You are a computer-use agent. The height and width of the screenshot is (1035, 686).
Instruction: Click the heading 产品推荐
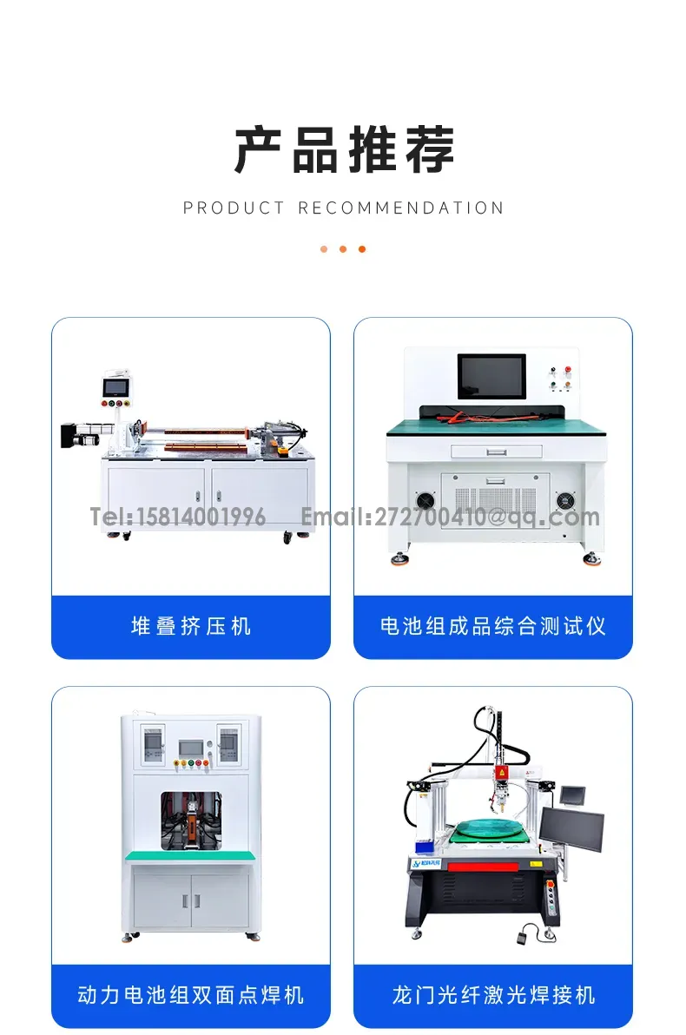[344, 150]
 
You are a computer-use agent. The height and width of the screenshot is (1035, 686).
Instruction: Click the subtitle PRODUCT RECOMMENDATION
[343, 208]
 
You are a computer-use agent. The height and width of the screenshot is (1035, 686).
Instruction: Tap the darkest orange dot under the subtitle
[362, 249]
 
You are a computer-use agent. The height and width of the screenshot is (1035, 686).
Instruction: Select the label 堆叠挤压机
[191, 626]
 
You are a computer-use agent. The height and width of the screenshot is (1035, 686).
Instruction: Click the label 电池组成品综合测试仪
[492, 626]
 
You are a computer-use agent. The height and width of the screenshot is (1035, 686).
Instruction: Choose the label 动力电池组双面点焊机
[191, 995]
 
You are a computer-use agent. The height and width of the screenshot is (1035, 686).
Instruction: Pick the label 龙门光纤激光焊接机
[493, 995]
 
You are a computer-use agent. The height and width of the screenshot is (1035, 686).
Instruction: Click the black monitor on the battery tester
[491, 376]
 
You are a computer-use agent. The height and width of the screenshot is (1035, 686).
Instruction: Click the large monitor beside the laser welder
[571, 830]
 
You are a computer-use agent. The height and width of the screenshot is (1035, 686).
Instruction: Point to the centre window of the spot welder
[191, 821]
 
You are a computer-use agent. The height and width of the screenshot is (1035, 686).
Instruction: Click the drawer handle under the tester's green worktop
[497, 452]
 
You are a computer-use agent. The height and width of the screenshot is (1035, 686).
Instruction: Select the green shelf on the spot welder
[191, 856]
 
